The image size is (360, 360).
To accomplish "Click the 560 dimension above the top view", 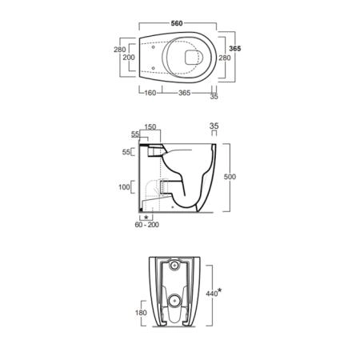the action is [177, 23].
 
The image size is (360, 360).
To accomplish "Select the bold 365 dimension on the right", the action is [235, 49].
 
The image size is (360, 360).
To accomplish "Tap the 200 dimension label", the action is [129, 58].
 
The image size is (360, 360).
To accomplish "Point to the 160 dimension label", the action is [150, 93].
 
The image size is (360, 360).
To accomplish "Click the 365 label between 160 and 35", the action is [185, 93].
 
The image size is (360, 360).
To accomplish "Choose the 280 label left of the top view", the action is [119, 50].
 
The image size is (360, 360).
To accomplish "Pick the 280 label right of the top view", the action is [225, 58].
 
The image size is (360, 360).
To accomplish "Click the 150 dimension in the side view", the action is [150, 127].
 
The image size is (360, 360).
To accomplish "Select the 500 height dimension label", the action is [230, 177].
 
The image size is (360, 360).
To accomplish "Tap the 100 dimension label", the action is [124, 187].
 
